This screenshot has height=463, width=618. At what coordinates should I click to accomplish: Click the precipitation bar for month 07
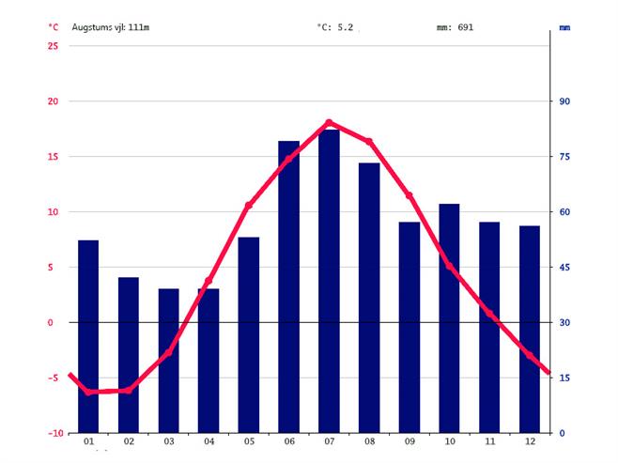(329, 282)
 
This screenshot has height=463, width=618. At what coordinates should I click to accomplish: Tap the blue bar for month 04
(209, 361)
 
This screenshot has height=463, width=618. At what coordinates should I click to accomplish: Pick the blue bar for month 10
(449, 318)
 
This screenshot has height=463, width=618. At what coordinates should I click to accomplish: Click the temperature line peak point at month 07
(329, 122)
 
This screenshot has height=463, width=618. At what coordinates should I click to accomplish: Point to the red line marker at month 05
(249, 205)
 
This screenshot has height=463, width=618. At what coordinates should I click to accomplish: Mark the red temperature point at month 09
(409, 195)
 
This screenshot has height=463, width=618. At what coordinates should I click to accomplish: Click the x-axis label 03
(169, 441)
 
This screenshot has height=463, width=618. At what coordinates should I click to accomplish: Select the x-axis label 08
(369, 441)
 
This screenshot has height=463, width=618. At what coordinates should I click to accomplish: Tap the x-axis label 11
(489, 441)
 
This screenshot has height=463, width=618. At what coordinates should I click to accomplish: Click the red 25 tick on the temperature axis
(53, 46)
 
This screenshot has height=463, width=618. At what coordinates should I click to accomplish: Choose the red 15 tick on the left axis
(53, 157)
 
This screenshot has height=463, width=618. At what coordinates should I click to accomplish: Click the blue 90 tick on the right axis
(565, 101)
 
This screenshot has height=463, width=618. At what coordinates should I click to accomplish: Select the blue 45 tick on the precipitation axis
(565, 268)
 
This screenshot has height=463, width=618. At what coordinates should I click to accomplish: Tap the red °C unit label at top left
(53, 27)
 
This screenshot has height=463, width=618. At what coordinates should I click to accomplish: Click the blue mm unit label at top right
(565, 28)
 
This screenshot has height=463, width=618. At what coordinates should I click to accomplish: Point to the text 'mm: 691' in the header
(456, 27)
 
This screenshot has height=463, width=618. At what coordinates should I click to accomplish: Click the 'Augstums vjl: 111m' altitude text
(111, 27)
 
